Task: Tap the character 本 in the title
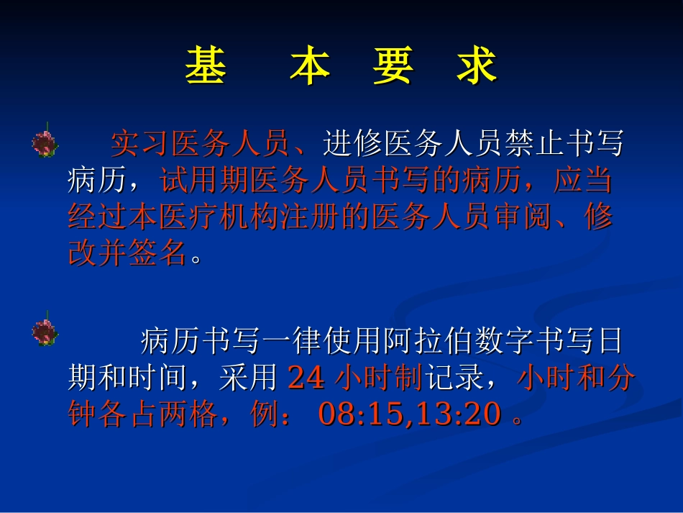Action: (x=310, y=67)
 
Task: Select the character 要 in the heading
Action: (x=393, y=67)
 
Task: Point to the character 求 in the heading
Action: (x=477, y=67)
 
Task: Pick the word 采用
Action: (x=249, y=378)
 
